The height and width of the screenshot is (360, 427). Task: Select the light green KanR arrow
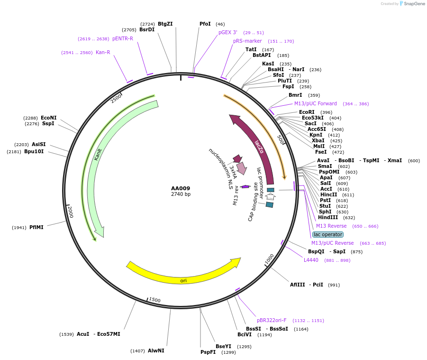click(x=97, y=157)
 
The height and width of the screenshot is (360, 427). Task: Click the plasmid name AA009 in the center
click(x=181, y=188)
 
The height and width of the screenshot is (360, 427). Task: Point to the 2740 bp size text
click(x=181, y=194)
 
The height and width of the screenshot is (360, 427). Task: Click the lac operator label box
click(x=328, y=234)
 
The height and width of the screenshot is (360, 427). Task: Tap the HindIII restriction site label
click(x=327, y=218)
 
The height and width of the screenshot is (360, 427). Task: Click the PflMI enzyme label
click(x=36, y=227)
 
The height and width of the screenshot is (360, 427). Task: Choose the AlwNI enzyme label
click(x=156, y=351)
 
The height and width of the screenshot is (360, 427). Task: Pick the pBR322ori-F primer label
click(x=272, y=320)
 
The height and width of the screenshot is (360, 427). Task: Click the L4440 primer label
click(x=311, y=260)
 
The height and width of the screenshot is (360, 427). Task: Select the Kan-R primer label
click(x=103, y=52)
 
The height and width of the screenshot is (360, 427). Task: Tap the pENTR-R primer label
click(x=123, y=39)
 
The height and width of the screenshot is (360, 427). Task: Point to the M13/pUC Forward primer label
click(x=315, y=103)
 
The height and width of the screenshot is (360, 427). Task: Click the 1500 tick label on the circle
click(x=155, y=300)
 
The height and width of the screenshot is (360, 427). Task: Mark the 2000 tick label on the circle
click(x=70, y=212)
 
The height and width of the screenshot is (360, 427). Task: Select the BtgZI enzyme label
click(x=165, y=24)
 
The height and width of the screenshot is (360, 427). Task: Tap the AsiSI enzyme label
click(x=39, y=144)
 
